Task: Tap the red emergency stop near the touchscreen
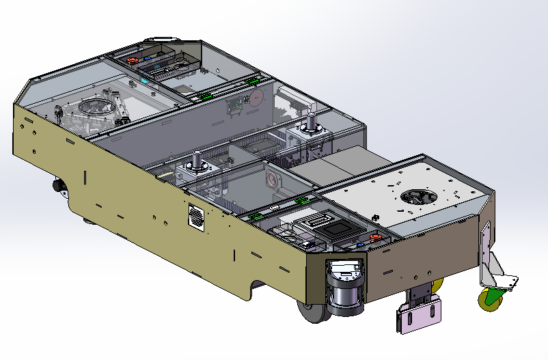click(x=374, y=238)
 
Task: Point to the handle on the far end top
click(x=163, y=38)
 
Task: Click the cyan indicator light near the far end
click(x=145, y=79)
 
